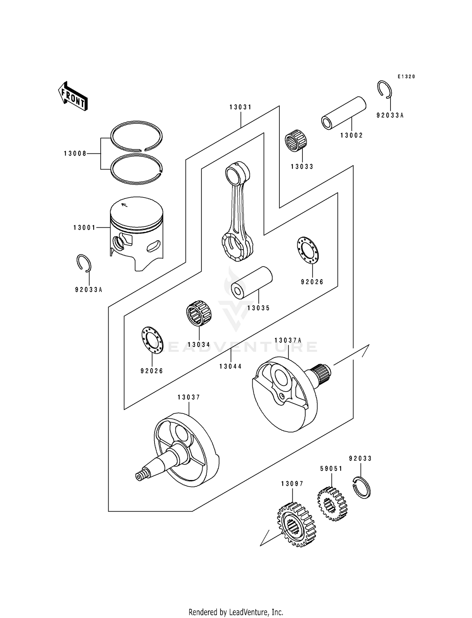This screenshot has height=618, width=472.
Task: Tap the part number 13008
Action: coord(75,154)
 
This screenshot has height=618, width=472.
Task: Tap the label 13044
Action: coord(231,366)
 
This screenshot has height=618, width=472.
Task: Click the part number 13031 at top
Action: coord(241,107)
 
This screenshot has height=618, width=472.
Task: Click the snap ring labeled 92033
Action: coord(362,487)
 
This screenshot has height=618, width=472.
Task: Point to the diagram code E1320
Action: coord(406,77)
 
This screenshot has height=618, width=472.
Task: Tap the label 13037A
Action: coord(288,340)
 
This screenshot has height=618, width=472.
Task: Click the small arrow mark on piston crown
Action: coord(124,205)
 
